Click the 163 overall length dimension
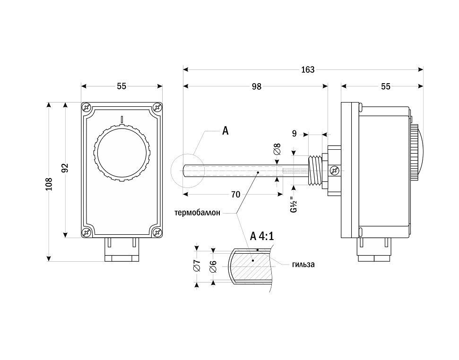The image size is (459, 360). pyautogui.click(x=307, y=69)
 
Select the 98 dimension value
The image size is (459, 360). pyautogui.click(x=256, y=86)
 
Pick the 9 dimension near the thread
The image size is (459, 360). pyautogui.click(x=294, y=134)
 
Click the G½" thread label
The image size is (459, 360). pyautogui.click(x=293, y=204)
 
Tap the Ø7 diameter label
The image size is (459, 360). pyautogui.click(x=198, y=266)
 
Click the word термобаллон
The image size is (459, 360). pyautogui.click(x=197, y=213)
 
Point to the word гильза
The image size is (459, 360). pyautogui.click(x=303, y=265)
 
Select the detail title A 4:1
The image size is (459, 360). pyautogui.click(x=262, y=236)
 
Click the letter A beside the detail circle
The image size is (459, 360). pyautogui.click(x=225, y=131)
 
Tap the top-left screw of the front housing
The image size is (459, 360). pyautogui.click(x=86, y=107)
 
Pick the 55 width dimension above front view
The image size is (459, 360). pyautogui.click(x=122, y=86)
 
